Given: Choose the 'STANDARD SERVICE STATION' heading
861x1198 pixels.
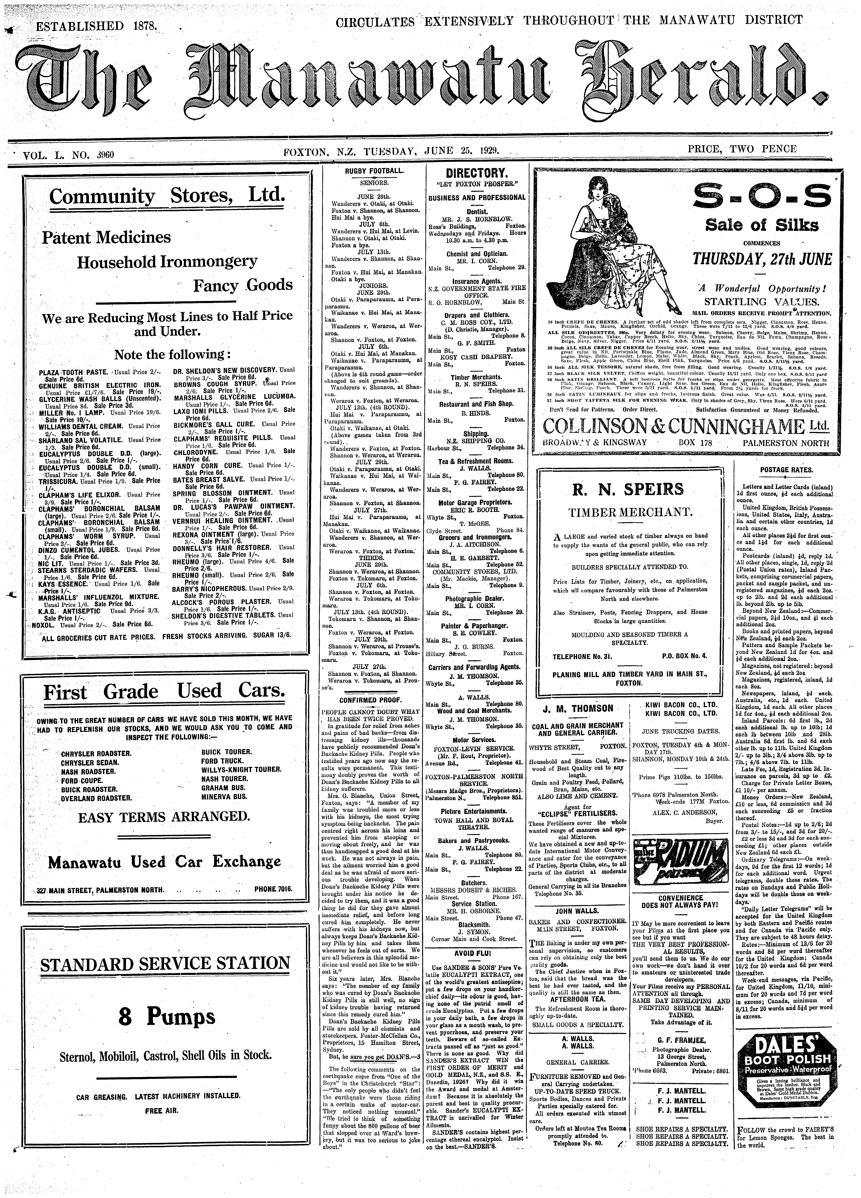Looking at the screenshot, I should [165, 963].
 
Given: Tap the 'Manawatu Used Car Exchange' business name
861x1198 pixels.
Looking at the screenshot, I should [165, 862].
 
